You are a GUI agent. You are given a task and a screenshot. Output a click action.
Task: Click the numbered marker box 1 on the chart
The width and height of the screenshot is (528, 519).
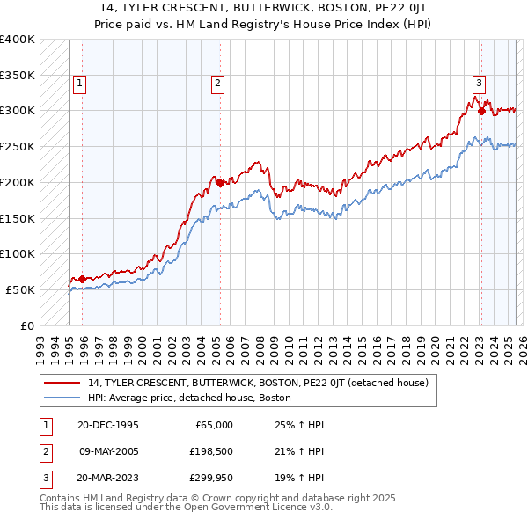(x=79, y=84)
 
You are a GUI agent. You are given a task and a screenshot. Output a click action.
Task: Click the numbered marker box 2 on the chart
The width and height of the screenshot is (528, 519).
(x=217, y=84)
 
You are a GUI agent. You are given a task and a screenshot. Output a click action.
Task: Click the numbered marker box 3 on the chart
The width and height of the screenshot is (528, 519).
(x=479, y=84)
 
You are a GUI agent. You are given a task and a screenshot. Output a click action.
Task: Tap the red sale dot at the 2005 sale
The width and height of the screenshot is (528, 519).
(x=220, y=183)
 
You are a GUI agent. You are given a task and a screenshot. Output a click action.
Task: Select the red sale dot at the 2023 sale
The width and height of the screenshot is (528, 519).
(x=482, y=111)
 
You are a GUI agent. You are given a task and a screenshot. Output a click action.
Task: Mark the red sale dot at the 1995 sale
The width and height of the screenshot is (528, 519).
(x=83, y=279)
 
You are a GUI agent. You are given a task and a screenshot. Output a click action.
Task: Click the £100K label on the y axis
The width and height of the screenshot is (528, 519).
(x=18, y=253)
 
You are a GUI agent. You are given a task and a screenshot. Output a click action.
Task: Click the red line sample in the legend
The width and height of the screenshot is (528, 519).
(x=62, y=383)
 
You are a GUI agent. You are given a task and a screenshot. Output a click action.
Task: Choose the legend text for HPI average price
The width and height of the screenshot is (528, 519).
(x=194, y=398)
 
